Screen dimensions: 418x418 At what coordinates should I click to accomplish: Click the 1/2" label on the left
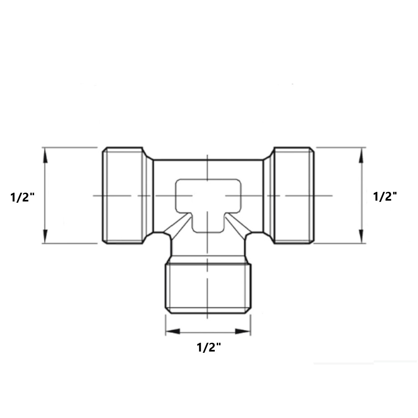22,196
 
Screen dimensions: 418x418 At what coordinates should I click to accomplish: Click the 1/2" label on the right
385,196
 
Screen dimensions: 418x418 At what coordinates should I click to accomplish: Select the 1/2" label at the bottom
209,347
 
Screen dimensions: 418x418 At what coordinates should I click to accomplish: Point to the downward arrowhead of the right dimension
362,237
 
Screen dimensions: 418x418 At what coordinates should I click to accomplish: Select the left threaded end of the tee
123,195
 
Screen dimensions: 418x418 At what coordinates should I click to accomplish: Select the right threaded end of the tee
293,195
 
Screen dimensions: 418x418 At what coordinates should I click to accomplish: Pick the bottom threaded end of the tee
208,288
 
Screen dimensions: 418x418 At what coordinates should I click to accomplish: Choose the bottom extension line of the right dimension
341,243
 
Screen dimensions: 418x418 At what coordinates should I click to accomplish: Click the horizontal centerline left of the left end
97,196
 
